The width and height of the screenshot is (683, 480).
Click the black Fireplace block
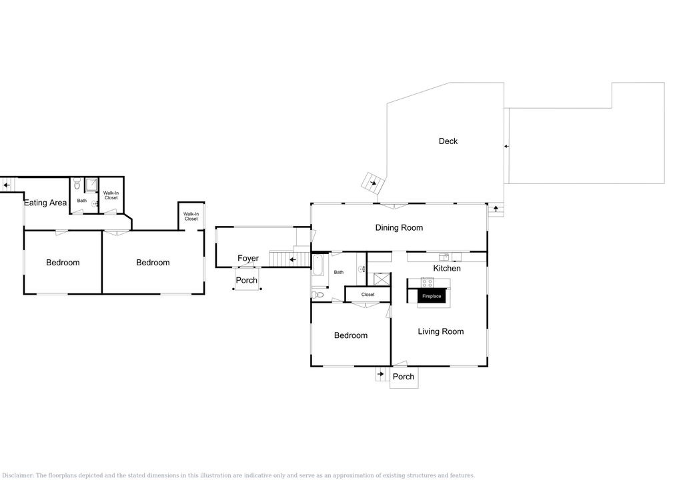click(x=432, y=296)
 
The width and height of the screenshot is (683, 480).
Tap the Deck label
click(x=448, y=141)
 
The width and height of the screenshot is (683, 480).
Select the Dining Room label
click(x=399, y=227)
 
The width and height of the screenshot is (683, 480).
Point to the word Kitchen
click(x=447, y=268)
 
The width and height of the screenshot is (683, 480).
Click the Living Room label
click(x=440, y=331)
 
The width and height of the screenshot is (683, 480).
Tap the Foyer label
click(x=248, y=258)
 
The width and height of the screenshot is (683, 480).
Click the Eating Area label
click(x=45, y=203)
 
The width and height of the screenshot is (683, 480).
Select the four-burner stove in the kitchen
click(x=427, y=283)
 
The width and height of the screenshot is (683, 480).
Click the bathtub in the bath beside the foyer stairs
click(x=317, y=265)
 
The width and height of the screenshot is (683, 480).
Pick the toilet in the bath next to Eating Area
click(x=77, y=184)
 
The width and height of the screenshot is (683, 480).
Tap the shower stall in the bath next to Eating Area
click(x=91, y=185)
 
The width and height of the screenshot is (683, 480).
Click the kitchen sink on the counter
click(x=444, y=257)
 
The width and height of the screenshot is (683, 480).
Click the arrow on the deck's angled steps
click(x=373, y=183)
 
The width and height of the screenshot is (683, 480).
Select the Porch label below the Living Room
click(x=404, y=377)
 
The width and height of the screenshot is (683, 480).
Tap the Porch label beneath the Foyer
click(x=247, y=280)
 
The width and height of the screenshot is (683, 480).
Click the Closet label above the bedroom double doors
click(x=368, y=295)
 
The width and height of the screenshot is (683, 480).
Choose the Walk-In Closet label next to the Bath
click(x=111, y=195)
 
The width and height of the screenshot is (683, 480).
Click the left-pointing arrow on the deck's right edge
click(x=506, y=147)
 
